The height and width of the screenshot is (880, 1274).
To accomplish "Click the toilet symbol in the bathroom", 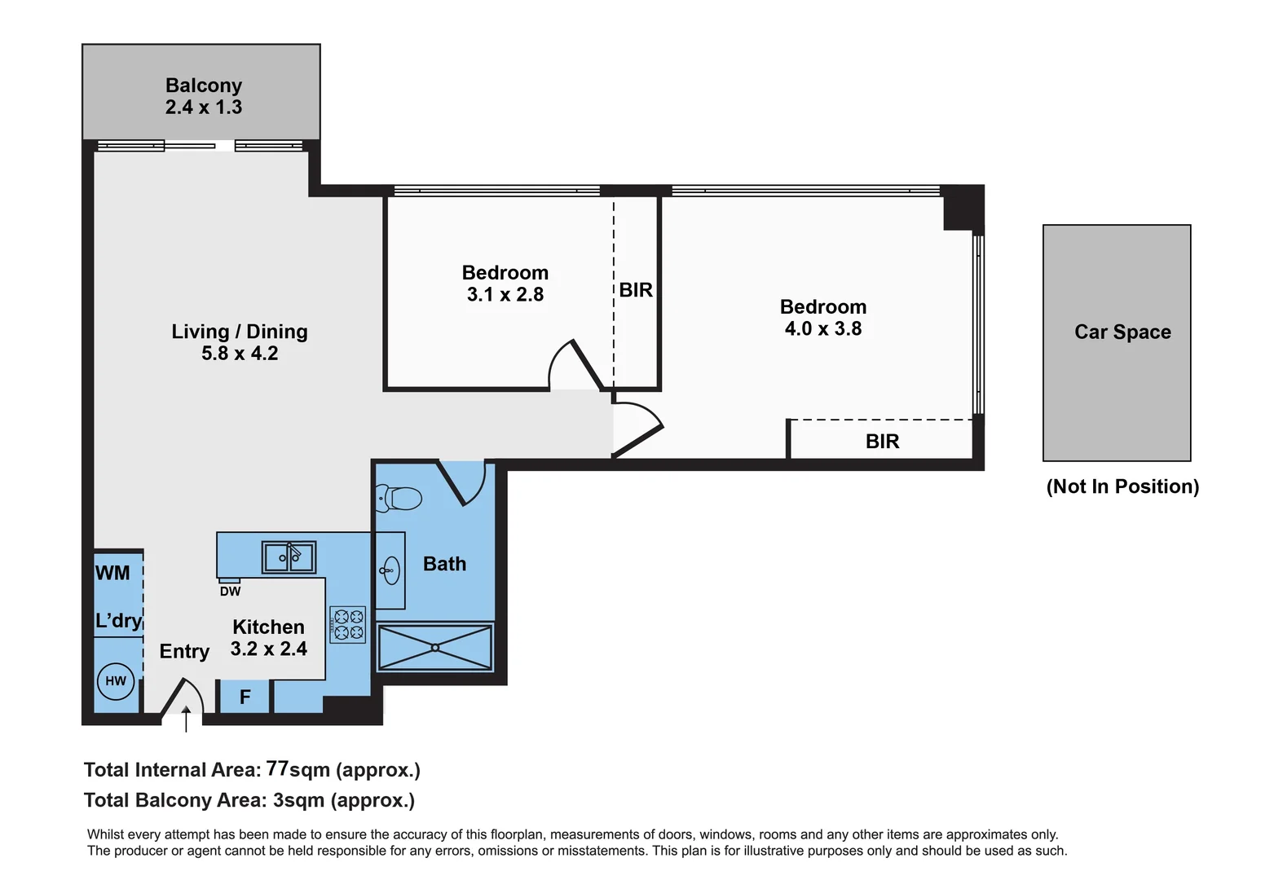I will point(399,497).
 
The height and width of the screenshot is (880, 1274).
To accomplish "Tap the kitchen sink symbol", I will point(289,557).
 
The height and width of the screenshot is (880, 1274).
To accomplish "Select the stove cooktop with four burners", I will point(348,624).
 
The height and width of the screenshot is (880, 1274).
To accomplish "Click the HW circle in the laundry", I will point(116,680).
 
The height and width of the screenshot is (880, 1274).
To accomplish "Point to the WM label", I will point(112,573).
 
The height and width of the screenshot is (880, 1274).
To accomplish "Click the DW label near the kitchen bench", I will point(230,592).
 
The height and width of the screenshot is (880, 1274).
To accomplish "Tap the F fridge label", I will point(245,697).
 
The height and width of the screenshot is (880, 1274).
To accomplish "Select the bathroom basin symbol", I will point(390,570).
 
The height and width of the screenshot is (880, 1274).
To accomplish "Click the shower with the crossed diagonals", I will point(435,648).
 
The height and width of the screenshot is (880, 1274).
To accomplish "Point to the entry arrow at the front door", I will point(186,719).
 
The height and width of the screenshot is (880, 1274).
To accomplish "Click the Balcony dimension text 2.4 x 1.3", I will point(204,107).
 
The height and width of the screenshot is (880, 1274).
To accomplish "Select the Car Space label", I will point(1122,332).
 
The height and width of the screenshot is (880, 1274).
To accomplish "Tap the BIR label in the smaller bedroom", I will point(636,290).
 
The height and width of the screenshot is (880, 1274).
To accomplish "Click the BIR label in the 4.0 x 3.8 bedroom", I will point(882,442).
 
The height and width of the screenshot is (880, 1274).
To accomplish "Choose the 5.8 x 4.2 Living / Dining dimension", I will point(240,354).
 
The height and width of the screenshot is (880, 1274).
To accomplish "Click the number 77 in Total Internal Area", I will point(277,768).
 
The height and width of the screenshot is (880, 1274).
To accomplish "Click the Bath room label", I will point(444,564).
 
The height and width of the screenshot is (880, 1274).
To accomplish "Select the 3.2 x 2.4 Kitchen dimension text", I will point(268,649).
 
